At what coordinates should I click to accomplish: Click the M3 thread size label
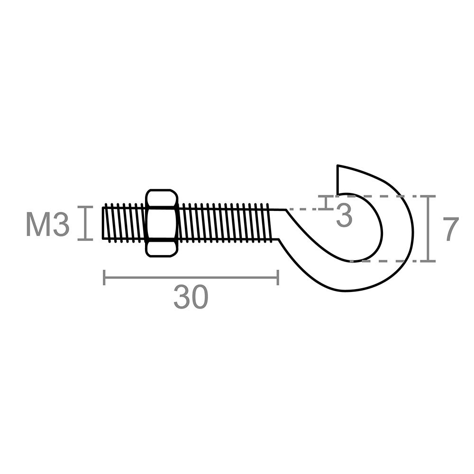click(48, 224)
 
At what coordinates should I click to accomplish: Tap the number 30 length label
click(191, 297)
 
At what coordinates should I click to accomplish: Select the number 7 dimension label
click(452, 229)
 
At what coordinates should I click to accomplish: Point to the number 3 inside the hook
click(344, 215)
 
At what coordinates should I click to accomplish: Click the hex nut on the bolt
click(162, 223)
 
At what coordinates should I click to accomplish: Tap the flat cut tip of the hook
click(337, 180)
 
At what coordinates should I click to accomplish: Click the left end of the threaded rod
click(103, 223)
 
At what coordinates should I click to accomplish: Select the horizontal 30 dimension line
click(191, 277)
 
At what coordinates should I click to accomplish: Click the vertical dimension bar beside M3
click(85, 223)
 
